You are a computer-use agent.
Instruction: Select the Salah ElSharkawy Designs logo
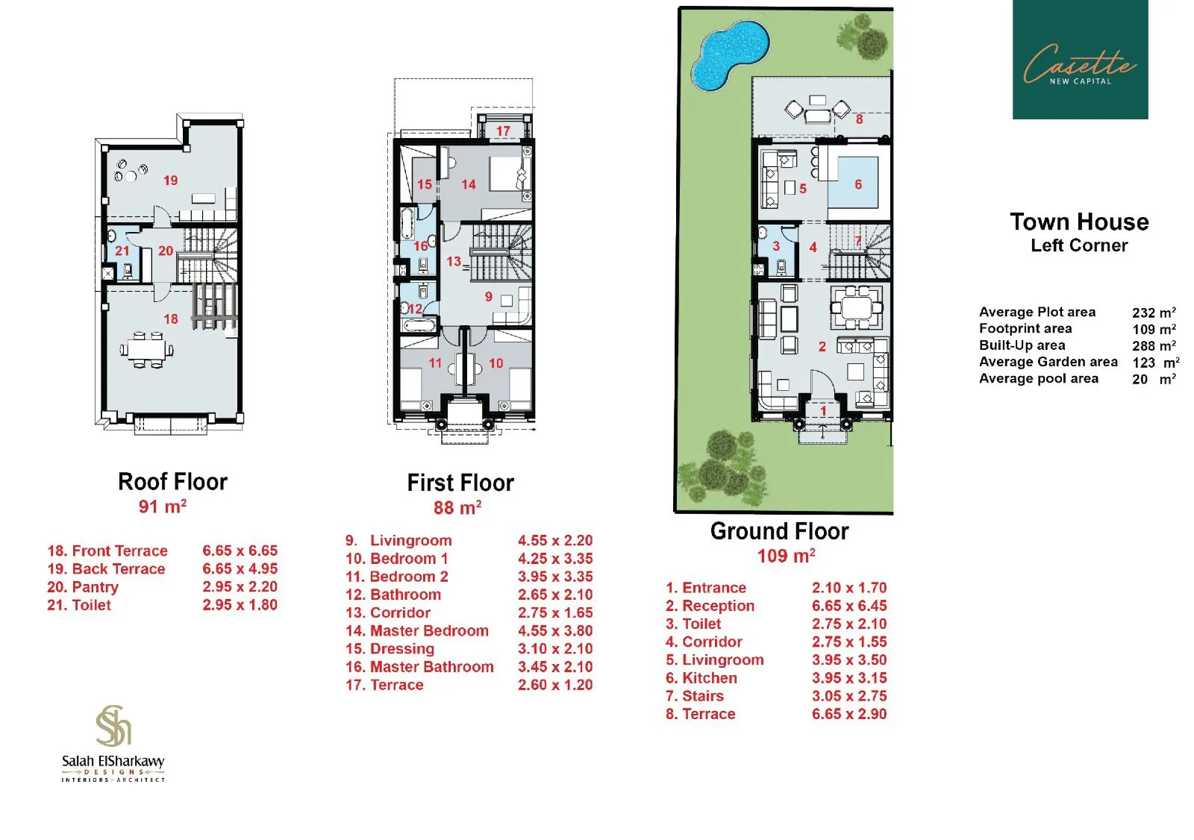(x=113, y=743)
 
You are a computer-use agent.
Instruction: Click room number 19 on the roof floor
(x=170, y=181)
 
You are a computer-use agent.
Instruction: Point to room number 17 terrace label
(x=503, y=131)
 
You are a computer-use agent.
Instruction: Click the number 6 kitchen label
(x=858, y=184)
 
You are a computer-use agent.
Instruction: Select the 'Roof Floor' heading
(x=172, y=482)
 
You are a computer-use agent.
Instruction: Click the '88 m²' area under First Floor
(x=457, y=508)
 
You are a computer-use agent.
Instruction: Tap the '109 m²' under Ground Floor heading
(x=785, y=557)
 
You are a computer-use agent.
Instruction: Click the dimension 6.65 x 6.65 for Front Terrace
(x=240, y=551)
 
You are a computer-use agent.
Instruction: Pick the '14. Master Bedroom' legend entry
(x=416, y=631)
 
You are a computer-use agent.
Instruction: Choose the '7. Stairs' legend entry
(x=694, y=696)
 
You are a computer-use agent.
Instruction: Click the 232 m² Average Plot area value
(x=1153, y=313)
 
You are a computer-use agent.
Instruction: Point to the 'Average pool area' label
(x=1038, y=379)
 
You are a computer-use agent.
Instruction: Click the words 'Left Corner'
(x=1078, y=245)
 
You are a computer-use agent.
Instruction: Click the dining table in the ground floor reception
(x=856, y=307)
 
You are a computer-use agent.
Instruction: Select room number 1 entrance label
(x=823, y=411)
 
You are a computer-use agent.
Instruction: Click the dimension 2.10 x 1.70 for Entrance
(x=848, y=588)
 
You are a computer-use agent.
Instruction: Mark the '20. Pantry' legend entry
(x=83, y=587)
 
